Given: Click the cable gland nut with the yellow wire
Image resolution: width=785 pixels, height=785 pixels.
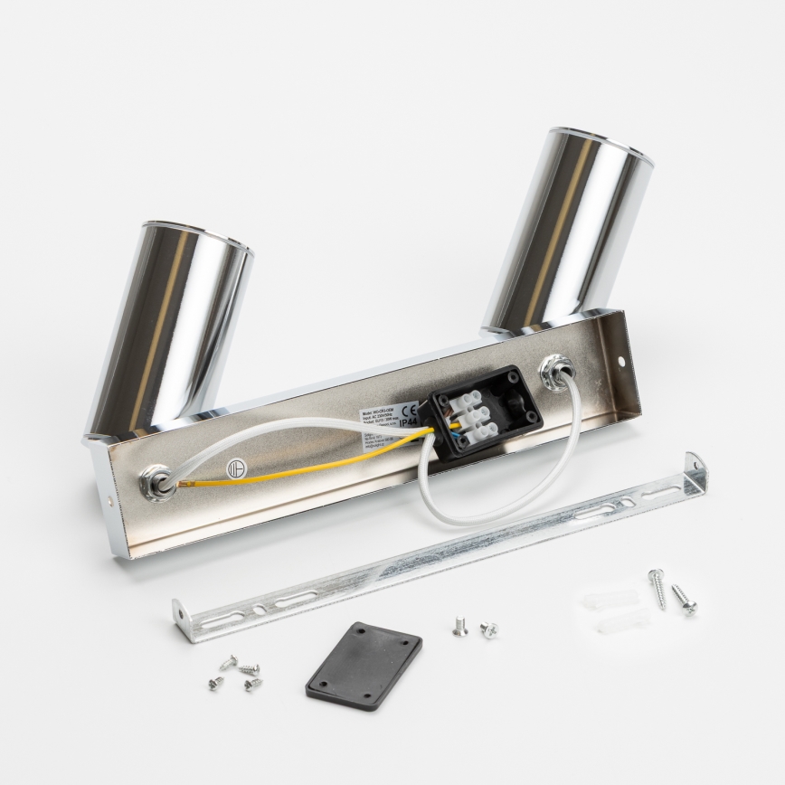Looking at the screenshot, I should (157, 483).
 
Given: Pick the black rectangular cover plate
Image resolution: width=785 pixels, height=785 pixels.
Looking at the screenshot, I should (364, 665).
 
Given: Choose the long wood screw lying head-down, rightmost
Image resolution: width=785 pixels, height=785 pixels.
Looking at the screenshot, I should (684, 599).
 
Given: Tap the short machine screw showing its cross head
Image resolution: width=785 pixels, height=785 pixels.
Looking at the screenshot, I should (489, 629).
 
